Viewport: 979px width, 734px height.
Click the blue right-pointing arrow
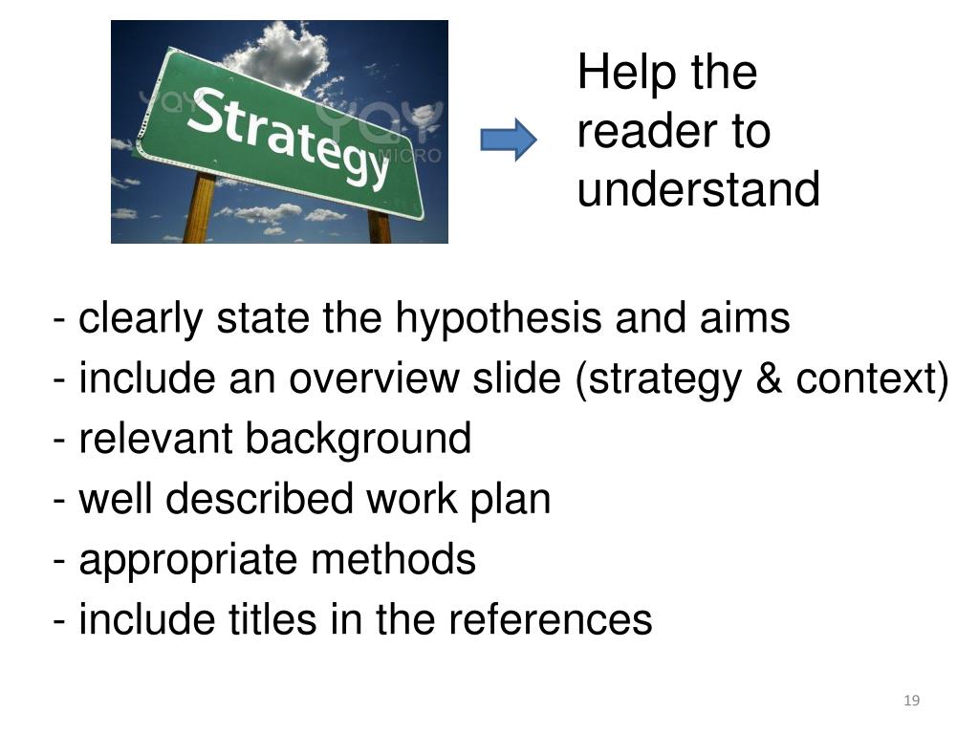click(x=508, y=140)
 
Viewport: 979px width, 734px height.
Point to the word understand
click(x=698, y=189)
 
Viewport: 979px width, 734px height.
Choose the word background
click(x=358, y=440)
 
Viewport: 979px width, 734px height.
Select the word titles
click(x=268, y=620)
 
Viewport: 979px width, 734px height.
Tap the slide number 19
click(x=911, y=702)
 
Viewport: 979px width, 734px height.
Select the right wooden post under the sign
click(x=379, y=227)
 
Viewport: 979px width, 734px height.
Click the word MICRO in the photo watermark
click(x=417, y=155)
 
